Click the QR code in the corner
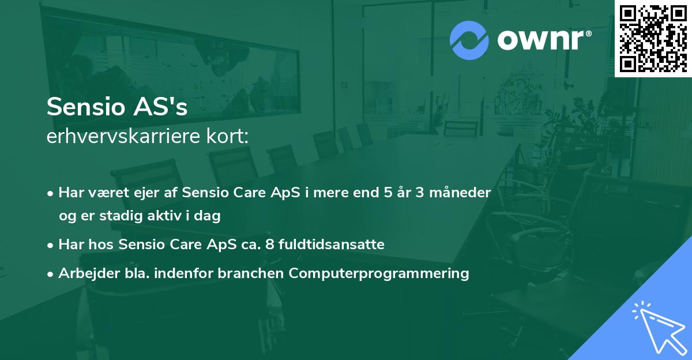pyautogui.click(x=653, y=39)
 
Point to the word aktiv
pyautogui.click(x=173, y=216)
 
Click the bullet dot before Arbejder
pyautogui.click(x=51, y=274)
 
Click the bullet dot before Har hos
pyautogui.click(x=51, y=245)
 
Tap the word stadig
pyautogui.click(x=133, y=216)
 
